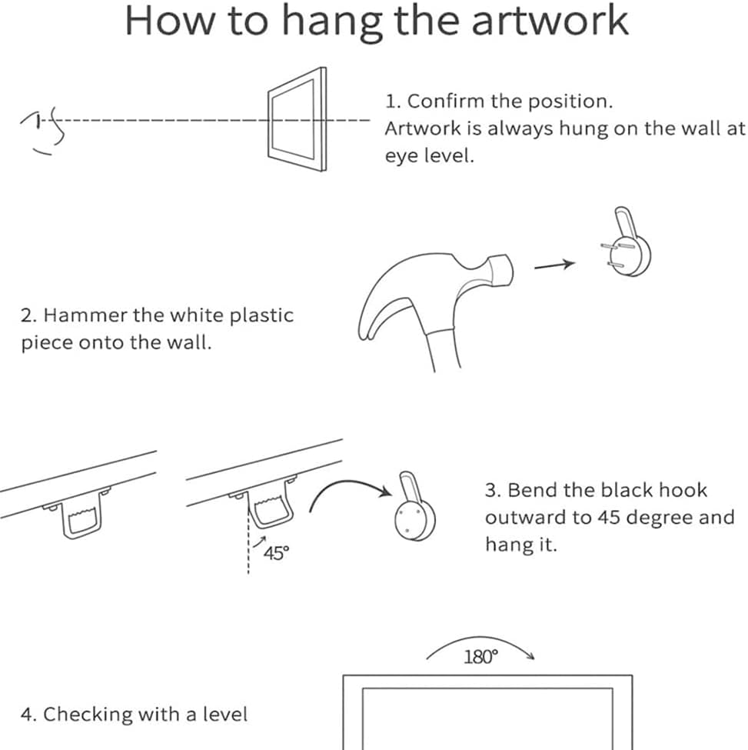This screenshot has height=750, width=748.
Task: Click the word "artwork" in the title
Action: click(550, 21)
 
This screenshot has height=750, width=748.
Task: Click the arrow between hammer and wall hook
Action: click(554, 265)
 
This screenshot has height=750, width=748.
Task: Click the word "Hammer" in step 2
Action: click(85, 315)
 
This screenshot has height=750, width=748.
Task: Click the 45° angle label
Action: click(276, 553)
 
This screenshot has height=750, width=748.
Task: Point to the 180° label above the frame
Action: click(480, 657)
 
